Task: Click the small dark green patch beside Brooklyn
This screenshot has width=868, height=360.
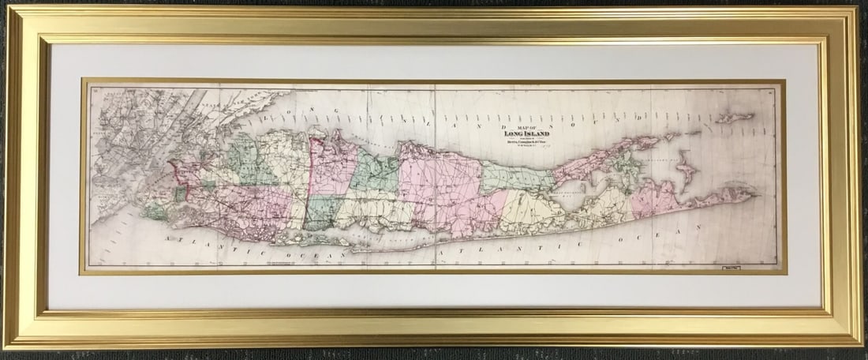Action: [181, 193]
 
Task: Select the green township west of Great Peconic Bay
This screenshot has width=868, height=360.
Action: [517, 178]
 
